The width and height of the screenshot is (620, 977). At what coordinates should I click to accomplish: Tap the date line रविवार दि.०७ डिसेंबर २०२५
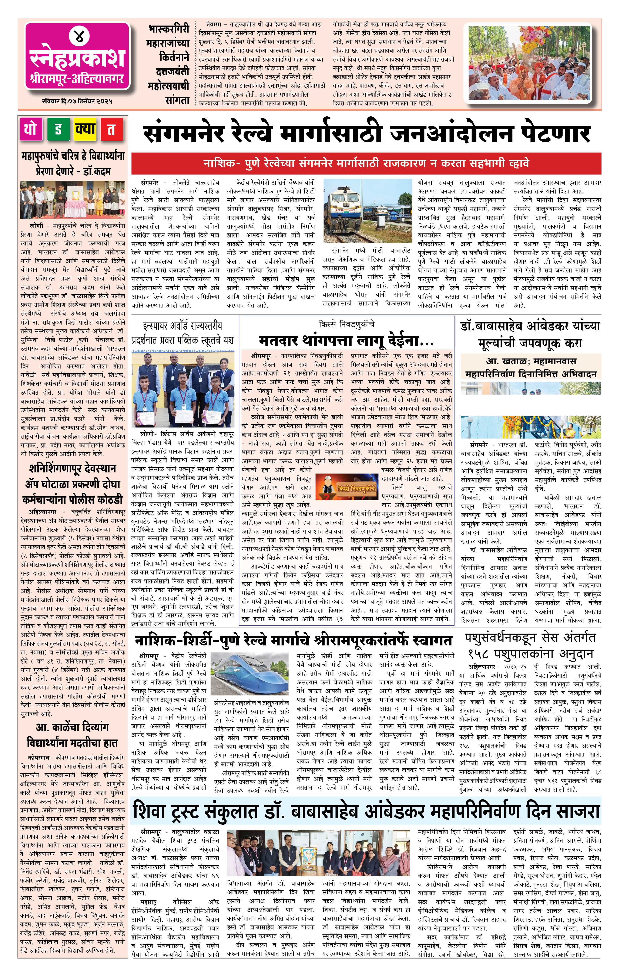77,101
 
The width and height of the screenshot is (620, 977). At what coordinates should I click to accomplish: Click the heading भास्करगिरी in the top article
169,29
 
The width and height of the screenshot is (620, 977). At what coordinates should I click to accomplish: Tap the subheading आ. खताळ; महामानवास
531,361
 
